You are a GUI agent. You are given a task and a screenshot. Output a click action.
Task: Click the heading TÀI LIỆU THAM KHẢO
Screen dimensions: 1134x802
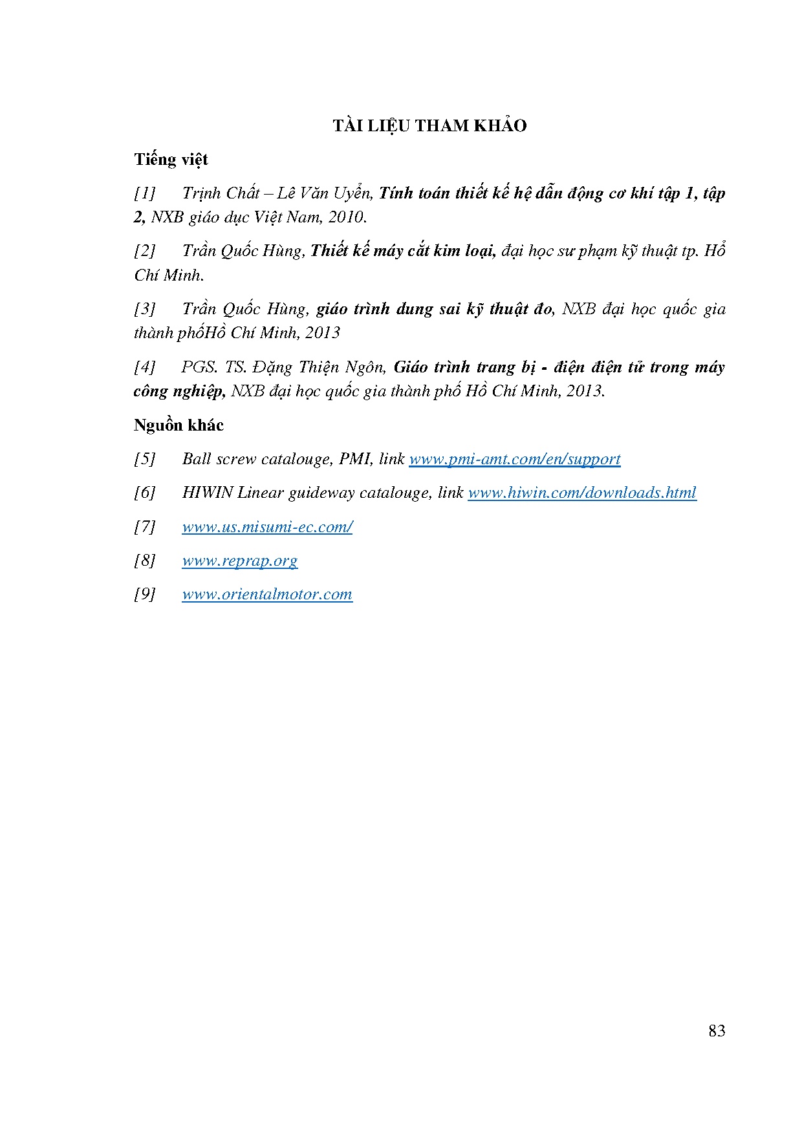pyautogui.click(x=429, y=125)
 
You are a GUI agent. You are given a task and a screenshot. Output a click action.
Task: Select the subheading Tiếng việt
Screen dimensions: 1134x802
pyautogui.click(x=171, y=160)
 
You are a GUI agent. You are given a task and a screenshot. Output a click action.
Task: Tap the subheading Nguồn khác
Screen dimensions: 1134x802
pyautogui.click(x=179, y=425)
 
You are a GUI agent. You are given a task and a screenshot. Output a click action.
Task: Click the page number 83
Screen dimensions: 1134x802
pyautogui.click(x=717, y=1031)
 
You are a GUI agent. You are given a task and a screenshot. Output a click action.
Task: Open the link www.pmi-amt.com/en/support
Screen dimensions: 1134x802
pyautogui.click(x=514, y=459)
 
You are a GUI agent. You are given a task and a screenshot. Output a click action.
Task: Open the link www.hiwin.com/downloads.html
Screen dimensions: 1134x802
pyautogui.click(x=581, y=493)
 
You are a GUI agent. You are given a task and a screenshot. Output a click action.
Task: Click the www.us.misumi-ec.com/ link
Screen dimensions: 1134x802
pyautogui.click(x=266, y=527)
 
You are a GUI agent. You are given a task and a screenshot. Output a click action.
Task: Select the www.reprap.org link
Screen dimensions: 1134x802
pyautogui.click(x=239, y=561)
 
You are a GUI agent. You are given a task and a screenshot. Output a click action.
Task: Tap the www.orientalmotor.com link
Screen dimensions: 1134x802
pyautogui.click(x=266, y=594)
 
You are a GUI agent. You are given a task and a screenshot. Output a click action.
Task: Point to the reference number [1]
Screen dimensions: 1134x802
pyautogui.click(x=145, y=193)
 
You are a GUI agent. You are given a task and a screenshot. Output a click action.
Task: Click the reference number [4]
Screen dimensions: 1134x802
pyautogui.click(x=145, y=367)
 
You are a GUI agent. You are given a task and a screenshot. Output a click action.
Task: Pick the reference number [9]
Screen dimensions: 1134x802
pyautogui.click(x=145, y=594)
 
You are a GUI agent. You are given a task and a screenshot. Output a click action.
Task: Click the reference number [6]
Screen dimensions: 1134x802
pyautogui.click(x=145, y=493)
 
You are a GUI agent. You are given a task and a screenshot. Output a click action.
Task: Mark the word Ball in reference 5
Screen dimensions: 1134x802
pyautogui.click(x=197, y=459)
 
